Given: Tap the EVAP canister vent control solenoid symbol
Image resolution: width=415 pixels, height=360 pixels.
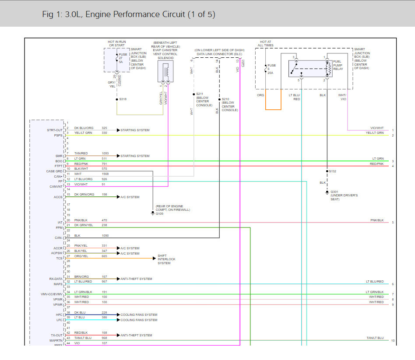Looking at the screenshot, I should (x=165, y=71).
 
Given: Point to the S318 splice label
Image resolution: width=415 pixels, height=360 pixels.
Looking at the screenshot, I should (x=123, y=99).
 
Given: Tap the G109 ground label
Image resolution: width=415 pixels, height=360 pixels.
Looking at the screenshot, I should (x=159, y=213).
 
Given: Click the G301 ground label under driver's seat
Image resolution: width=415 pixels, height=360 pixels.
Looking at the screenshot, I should (x=335, y=192).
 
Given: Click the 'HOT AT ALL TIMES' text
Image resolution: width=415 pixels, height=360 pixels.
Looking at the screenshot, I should (x=266, y=44).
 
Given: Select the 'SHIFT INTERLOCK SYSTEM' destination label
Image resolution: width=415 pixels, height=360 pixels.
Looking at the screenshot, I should (x=166, y=259).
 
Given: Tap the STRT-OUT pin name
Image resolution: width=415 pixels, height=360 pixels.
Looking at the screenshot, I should (x=55, y=130).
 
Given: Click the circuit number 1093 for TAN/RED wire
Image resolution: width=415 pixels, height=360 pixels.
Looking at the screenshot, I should (x=105, y=154).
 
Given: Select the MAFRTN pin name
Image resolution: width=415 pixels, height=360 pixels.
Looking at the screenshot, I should (x=55, y=340).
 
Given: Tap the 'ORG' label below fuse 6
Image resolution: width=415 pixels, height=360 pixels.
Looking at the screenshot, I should (x=260, y=95).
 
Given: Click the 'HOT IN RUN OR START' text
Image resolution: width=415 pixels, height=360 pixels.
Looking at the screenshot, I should (x=117, y=44).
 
